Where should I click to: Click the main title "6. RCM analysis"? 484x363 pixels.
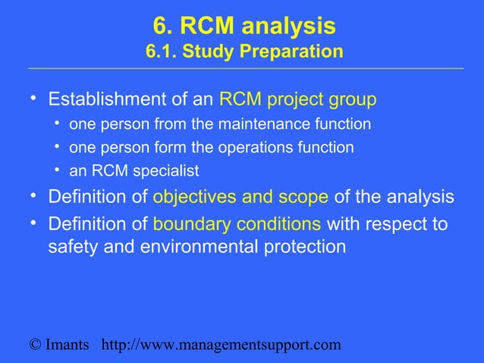point(244,27)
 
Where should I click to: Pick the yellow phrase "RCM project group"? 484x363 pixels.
point(297,100)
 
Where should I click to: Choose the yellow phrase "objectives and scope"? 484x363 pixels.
point(240,197)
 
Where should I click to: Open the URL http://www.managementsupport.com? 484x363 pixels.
point(221,346)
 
